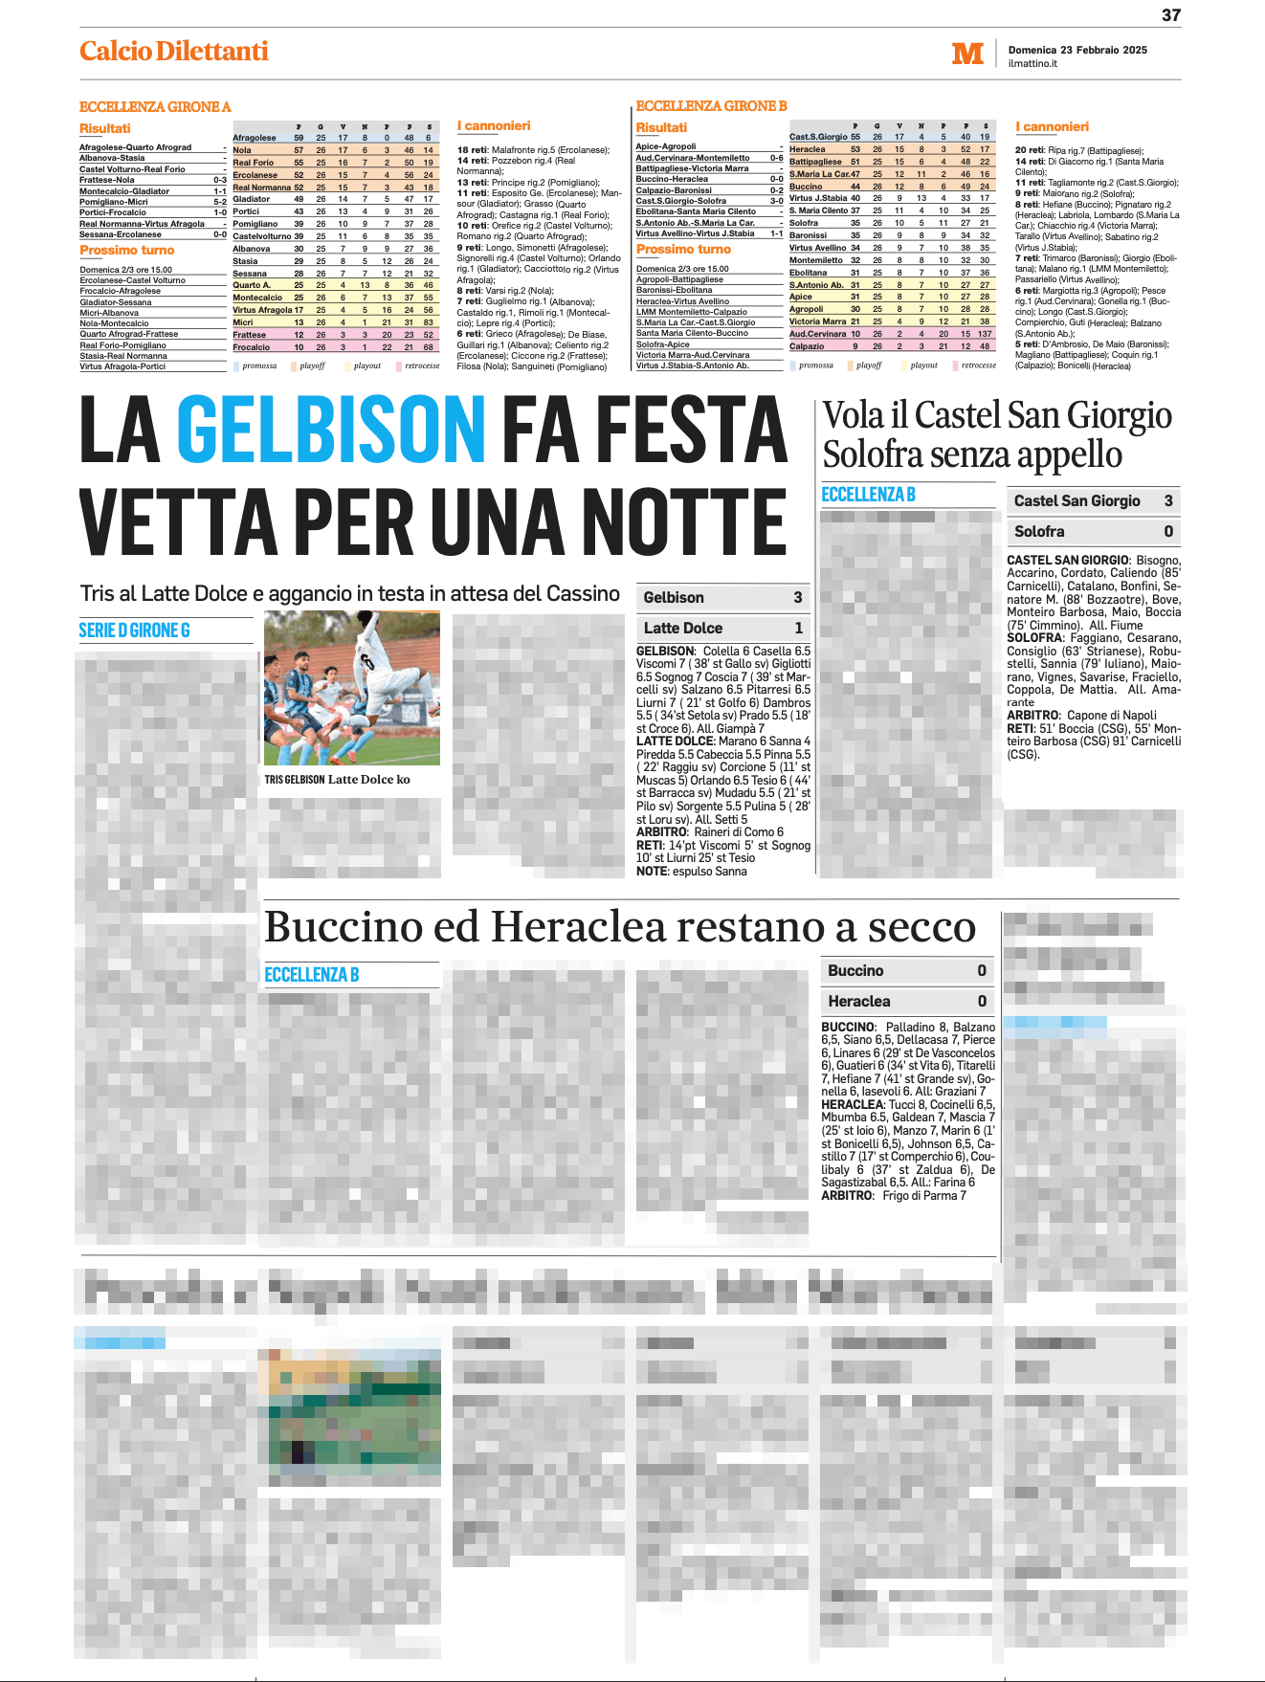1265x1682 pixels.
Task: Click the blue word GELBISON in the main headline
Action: (x=331, y=430)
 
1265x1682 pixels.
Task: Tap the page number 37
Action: (x=1171, y=15)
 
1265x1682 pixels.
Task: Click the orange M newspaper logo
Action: (x=967, y=54)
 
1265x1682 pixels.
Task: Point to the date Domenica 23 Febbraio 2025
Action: (x=1077, y=50)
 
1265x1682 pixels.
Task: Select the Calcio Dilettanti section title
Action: (x=174, y=52)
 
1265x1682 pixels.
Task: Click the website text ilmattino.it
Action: (x=1032, y=64)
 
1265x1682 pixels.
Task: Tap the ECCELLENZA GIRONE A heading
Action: (x=155, y=107)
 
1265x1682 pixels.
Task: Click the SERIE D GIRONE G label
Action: (x=134, y=631)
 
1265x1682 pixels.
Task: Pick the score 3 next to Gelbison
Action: (x=797, y=597)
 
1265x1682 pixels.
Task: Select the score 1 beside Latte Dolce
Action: (x=798, y=628)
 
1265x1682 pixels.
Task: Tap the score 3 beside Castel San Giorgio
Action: (x=1167, y=500)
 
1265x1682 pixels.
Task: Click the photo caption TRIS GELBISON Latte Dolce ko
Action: (x=337, y=780)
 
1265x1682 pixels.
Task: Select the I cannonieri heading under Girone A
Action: (x=494, y=126)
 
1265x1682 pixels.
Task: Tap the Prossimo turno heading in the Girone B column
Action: (x=683, y=250)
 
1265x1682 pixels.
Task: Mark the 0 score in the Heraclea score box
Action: (x=981, y=1001)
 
